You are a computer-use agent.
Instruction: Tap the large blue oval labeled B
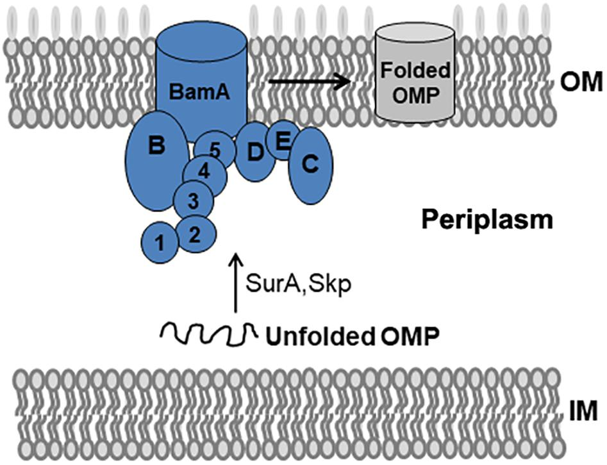point(156,160)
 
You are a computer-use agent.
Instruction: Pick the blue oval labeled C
point(310,165)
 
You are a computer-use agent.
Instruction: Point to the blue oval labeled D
point(254,154)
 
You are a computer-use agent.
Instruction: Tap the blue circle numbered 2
point(194,233)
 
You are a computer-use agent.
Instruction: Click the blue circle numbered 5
point(215,150)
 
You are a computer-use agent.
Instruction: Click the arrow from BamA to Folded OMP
point(308,81)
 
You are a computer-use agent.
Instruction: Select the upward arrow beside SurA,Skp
point(237,282)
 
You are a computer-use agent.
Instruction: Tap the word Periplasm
point(486,221)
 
